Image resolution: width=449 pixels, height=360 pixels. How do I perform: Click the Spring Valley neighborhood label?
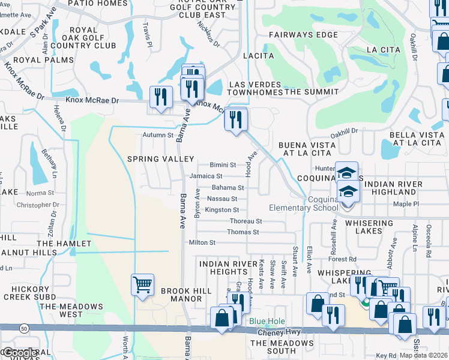(160, 159)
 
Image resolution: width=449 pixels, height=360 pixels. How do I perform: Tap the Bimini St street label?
(223, 165)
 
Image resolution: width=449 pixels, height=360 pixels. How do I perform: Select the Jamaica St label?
(206, 176)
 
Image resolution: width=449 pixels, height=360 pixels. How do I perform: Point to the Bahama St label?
(228, 188)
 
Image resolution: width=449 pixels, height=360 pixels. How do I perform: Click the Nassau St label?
(222, 199)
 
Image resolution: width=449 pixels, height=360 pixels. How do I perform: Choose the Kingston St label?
(221, 210)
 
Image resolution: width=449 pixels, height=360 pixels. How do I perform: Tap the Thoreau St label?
(246, 221)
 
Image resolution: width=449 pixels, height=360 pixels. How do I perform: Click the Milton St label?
(202, 242)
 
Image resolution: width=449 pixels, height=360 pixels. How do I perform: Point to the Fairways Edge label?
(304, 35)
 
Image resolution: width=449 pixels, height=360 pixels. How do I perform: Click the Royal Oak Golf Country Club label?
(92, 37)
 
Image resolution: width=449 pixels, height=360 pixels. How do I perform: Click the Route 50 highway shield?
(24, 329)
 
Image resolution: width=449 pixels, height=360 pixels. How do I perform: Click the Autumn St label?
(158, 135)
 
